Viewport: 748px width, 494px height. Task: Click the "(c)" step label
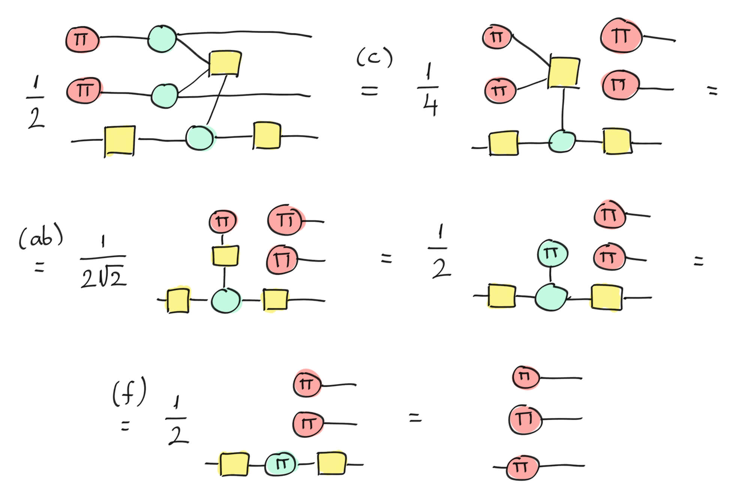click(374, 59)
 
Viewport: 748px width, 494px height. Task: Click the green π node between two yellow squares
click(280, 464)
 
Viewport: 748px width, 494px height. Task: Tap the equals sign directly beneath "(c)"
click(369, 90)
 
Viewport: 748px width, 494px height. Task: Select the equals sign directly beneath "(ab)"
click(39, 267)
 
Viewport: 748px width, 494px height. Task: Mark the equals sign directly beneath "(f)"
click(125, 426)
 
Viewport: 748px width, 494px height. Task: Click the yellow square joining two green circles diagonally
click(225, 63)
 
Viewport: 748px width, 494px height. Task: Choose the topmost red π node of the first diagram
click(82, 39)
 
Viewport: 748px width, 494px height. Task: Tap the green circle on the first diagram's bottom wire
click(201, 138)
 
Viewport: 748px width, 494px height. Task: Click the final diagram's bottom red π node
click(522, 467)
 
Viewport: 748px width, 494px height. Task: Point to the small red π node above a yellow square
click(223, 221)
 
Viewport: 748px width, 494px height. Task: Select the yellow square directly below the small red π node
click(225, 256)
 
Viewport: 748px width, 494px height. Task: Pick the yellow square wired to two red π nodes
click(564, 72)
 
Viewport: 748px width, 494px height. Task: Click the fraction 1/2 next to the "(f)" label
click(177, 421)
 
